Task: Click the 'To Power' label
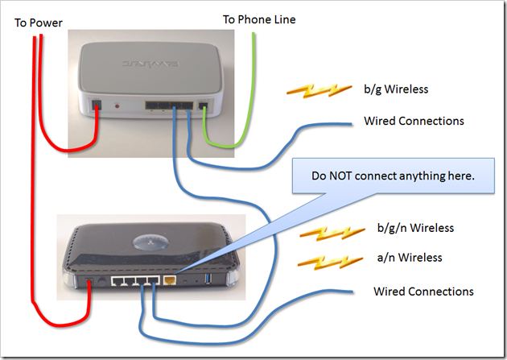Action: click(39, 23)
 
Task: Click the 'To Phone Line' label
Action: click(258, 19)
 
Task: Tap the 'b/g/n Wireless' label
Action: click(415, 228)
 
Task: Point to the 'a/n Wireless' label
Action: click(410, 258)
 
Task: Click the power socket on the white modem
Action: click(97, 106)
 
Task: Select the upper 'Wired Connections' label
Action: click(414, 121)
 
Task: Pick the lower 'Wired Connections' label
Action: click(423, 291)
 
